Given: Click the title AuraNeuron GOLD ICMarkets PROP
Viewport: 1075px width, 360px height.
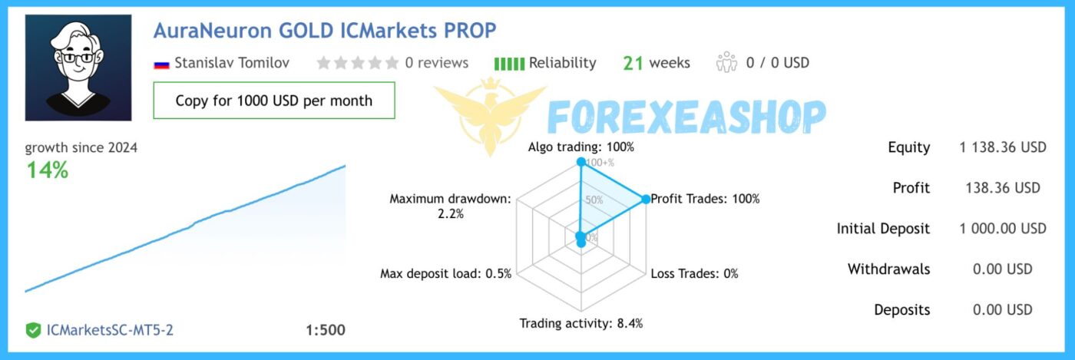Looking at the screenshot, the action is point(325,31).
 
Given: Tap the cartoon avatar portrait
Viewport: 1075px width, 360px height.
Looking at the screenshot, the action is point(78,68).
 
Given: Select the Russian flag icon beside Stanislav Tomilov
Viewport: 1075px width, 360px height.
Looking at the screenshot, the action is point(162,64).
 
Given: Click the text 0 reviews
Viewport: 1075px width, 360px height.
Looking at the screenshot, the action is point(436,63).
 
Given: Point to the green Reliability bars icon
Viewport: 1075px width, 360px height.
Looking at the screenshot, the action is point(509,64).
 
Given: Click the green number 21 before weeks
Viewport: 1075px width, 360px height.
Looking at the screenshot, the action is point(633,63).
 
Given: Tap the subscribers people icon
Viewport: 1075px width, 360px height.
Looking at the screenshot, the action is point(726,62).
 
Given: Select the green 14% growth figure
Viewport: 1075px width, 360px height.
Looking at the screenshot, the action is point(48,170).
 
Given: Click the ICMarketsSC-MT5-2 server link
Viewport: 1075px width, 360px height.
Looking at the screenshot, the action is point(110,330).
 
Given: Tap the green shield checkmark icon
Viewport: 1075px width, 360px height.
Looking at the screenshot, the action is point(33,330).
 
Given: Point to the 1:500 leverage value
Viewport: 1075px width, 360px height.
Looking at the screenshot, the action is point(326,330).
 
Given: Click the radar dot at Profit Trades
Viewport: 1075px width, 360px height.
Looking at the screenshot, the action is point(646,199).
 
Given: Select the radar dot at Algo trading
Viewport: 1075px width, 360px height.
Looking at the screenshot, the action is point(580,162).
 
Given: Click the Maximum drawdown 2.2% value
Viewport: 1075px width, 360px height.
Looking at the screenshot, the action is point(451,214).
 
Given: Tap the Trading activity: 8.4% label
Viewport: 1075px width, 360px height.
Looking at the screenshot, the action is point(580,323).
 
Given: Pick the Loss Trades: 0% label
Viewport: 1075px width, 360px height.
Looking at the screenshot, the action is point(694,273).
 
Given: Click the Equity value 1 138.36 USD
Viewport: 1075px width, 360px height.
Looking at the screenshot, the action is point(1003,147).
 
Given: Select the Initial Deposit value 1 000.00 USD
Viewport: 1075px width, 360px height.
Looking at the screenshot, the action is point(1003,229).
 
